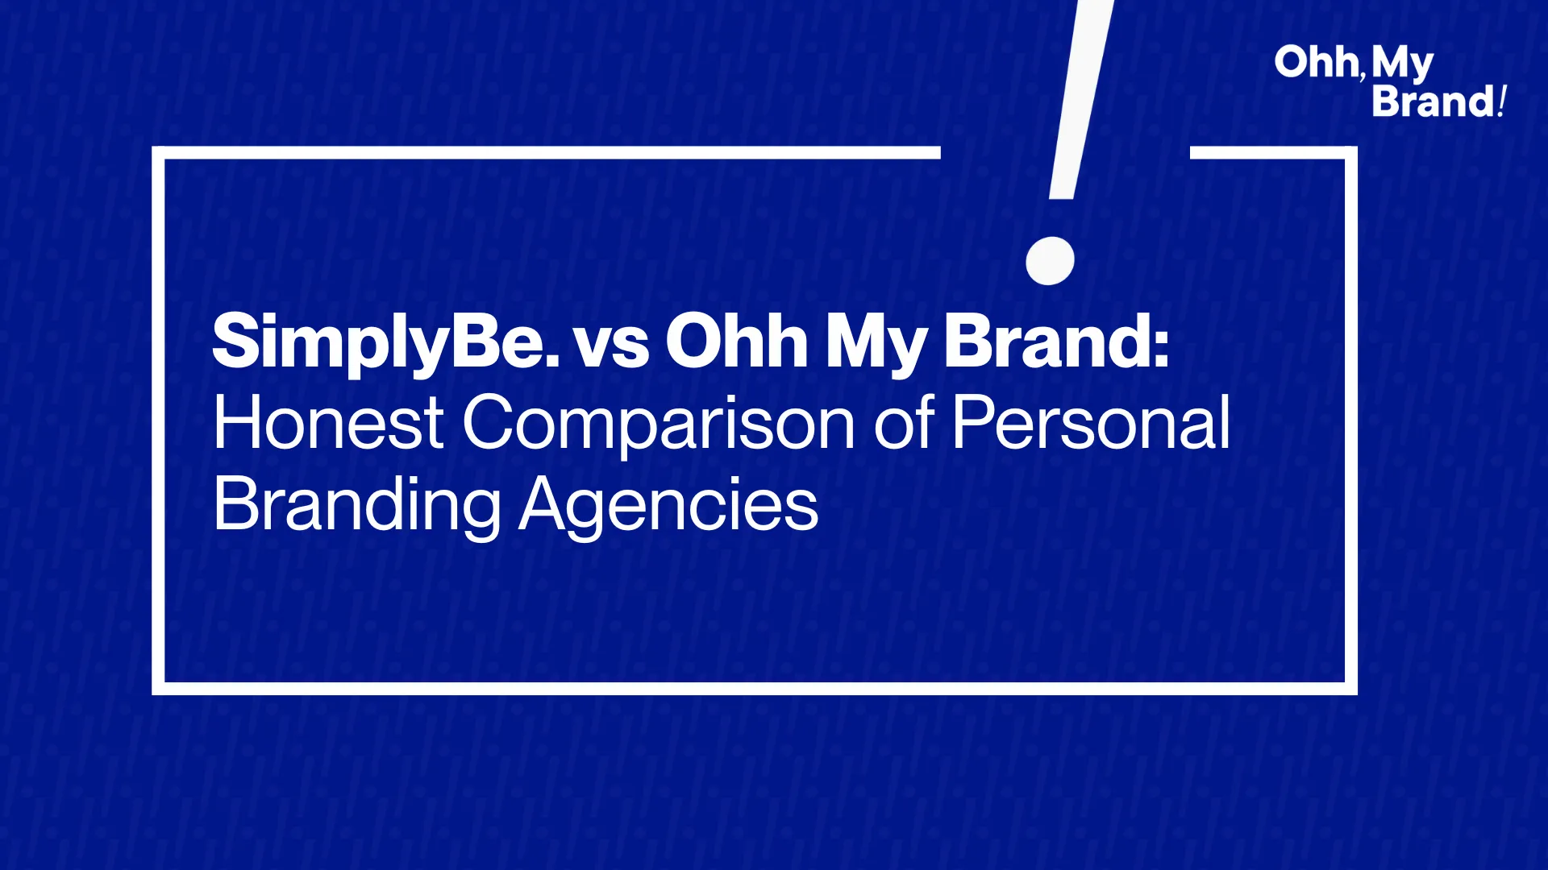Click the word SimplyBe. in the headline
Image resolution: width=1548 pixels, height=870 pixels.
click(385, 343)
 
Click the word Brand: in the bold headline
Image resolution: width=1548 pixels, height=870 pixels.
click(1056, 342)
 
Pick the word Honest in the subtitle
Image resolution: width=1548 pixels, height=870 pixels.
click(328, 422)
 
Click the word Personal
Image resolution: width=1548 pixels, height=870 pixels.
click(1091, 421)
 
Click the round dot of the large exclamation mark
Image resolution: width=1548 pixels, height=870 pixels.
click(1050, 261)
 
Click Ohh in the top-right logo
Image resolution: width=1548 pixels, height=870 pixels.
click(1316, 63)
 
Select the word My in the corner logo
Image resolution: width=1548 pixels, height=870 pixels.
click(1402, 64)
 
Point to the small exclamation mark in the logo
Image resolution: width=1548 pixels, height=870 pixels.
click(1501, 101)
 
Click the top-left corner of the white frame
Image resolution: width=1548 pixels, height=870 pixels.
click(158, 152)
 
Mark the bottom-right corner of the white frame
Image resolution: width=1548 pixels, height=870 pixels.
click(1350, 689)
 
